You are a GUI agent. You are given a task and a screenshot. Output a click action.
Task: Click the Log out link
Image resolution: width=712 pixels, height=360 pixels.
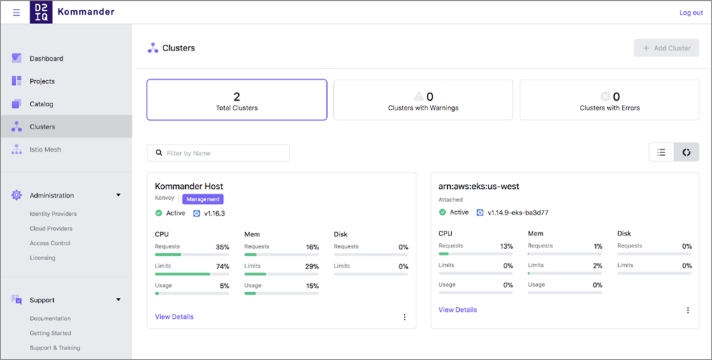(x=690, y=13)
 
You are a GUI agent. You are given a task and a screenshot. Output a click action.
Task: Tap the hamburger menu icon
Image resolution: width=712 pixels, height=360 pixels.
(x=17, y=13)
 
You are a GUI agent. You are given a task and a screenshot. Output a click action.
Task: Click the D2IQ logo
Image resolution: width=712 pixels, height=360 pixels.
(x=41, y=13)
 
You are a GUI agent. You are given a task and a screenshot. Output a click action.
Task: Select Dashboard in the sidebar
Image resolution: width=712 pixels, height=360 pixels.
(x=46, y=59)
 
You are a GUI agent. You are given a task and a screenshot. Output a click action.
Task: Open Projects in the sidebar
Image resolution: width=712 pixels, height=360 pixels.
(x=42, y=81)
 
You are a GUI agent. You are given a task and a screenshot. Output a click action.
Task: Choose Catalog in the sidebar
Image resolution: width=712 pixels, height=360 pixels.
(x=41, y=104)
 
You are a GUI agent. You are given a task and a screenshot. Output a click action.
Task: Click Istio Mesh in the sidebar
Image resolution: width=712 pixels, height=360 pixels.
(x=45, y=150)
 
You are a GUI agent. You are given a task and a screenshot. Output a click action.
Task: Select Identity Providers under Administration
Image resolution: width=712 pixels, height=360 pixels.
(x=53, y=214)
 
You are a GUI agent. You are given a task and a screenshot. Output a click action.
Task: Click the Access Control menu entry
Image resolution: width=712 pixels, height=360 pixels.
(x=50, y=243)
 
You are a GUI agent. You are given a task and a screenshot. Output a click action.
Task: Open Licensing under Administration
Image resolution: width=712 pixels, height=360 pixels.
(x=43, y=258)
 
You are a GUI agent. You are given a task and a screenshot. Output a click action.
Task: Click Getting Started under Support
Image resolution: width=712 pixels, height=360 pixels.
(x=50, y=333)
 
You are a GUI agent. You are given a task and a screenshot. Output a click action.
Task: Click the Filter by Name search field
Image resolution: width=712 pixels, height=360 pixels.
(x=219, y=153)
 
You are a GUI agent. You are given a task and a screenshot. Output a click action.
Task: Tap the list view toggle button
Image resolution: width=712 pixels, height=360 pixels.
(x=661, y=152)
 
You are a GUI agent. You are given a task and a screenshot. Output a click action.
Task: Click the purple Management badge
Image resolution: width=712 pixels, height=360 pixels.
(x=203, y=199)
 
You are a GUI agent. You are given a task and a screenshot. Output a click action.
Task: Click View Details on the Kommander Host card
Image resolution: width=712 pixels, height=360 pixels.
(x=174, y=317)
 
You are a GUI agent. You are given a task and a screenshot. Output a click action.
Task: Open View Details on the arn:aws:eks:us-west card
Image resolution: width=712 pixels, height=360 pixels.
(x=458, y=310)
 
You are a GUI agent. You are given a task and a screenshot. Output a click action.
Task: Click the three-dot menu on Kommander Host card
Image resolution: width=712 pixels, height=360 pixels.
(x=405, y=317)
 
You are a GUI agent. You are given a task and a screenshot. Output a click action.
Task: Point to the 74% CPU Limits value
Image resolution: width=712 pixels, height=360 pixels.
(x=222, y=266)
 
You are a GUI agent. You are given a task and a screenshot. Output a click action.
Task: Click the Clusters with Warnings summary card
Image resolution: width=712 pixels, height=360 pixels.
(x=423, y=100)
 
